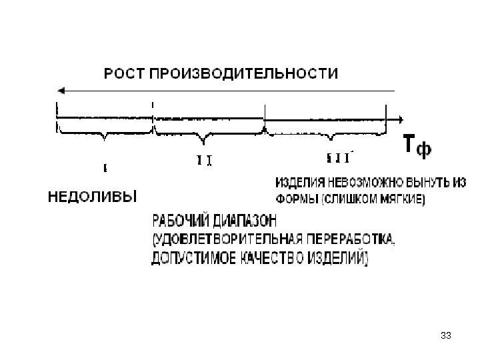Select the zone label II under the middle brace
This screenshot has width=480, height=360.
coord(205,161)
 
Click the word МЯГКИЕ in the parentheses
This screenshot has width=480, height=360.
coord(398,198)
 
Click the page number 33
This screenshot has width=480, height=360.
coord(446,333)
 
